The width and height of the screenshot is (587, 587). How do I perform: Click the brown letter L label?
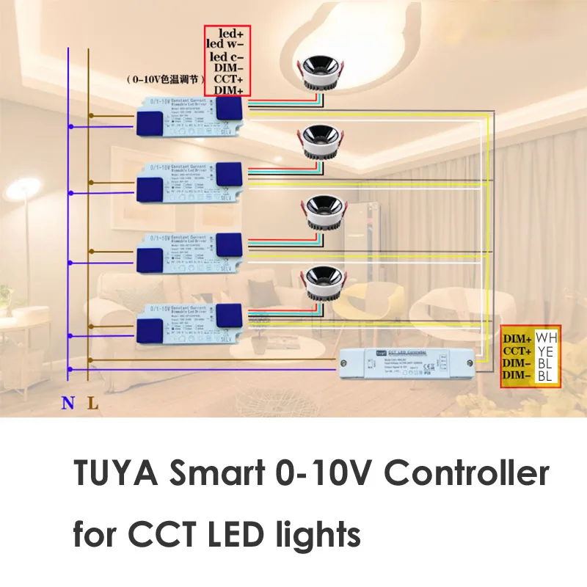point(90,403)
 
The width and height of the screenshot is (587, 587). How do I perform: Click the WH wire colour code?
point(547,338)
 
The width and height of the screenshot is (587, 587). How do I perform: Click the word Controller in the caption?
point(467,475)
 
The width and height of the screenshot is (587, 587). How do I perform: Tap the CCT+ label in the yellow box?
point(518,351)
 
